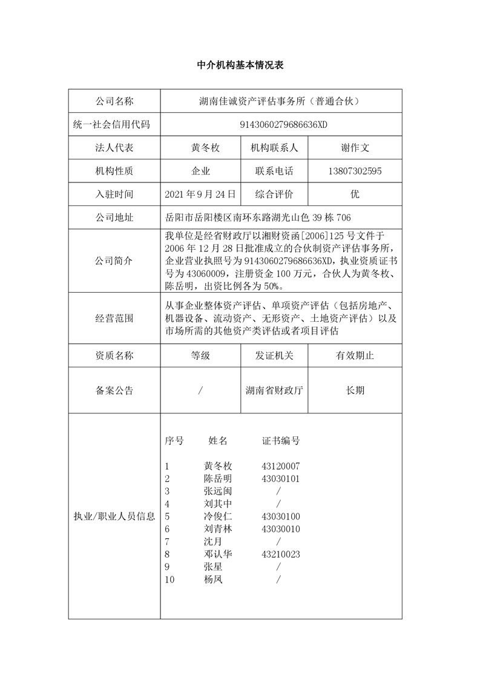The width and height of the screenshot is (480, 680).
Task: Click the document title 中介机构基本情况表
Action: point(240,65)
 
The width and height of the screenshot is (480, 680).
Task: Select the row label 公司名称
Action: point(114,101)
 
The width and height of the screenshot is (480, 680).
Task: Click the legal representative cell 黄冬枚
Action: point(200,148)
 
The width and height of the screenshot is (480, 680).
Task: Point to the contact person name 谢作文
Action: point(355,148)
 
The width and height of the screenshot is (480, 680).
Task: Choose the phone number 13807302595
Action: point(355,171)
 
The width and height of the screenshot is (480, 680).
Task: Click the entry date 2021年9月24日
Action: point(200,194)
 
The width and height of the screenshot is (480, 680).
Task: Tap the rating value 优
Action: point(355,194)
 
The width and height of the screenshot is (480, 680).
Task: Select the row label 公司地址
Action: point(114,218)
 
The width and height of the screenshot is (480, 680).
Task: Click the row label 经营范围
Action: point(114,318)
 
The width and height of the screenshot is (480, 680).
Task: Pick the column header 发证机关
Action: point(274,356)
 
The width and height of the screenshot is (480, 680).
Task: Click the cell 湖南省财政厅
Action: point(274,390)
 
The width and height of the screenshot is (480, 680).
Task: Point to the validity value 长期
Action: point(355,390)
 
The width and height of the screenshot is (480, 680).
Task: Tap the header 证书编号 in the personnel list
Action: point(281,441)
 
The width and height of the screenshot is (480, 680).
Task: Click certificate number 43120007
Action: point(281,466)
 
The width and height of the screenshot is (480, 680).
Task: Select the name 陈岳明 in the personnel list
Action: point(218,479)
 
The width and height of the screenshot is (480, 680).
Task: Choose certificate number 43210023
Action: point(281,554)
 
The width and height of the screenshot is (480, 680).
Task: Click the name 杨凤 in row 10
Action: point(213,579)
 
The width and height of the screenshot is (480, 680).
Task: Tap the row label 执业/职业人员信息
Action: point(114,516)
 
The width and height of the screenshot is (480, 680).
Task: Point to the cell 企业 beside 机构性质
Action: point(200,171)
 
